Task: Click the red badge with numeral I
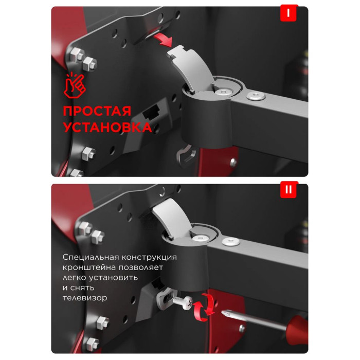click(289, 13)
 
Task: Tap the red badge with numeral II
click(289, 190)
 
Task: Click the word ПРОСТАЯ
click(97, 111)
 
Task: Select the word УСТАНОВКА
click(107, 127)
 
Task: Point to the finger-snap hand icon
click(74, 85)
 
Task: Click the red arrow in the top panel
click(164, 39)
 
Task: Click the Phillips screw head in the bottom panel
click(188, 303)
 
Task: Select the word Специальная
click(91, 257)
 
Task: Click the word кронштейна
click(89, 267)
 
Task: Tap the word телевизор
click(85, 298)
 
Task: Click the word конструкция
click(149, 257)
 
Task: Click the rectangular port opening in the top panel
click(151, 112)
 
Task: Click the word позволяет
click(141, 267)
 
